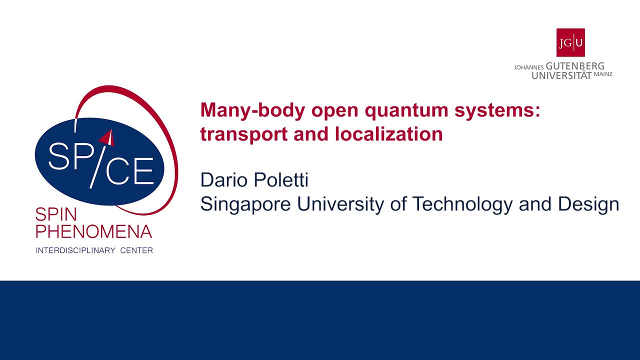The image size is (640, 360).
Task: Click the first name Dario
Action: coord(223,179)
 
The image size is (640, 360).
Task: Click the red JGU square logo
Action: coord(570,42)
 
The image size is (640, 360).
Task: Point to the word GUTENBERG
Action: coord(575,66)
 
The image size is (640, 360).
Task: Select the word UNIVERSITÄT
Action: coord(561,75)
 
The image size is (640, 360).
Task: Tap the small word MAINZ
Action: coord(603,74)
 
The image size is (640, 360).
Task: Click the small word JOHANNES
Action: coord(528,67)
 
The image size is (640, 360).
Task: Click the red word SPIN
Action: coord(56,215)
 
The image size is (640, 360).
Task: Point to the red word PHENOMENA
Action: coord(94,231)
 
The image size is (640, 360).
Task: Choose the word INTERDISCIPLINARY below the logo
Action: coord(75,250)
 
